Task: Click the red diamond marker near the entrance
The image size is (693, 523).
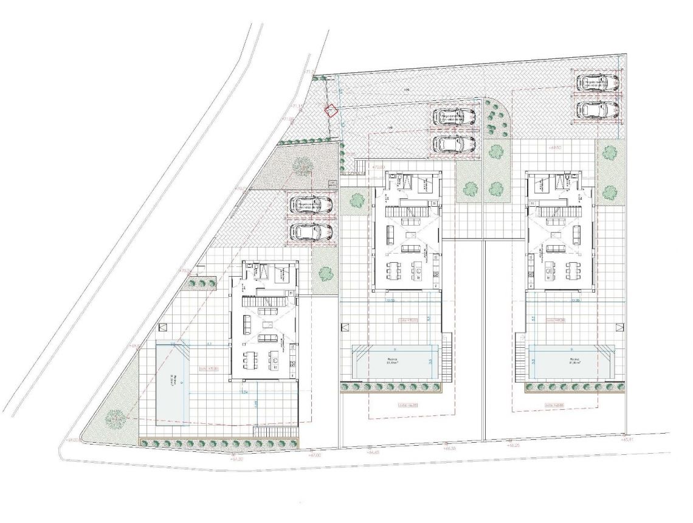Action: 331,111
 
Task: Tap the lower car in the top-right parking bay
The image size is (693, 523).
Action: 598,109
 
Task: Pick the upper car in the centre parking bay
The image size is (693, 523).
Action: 454,117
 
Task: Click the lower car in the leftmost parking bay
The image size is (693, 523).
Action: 311,232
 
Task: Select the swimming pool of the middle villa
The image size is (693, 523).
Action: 395,362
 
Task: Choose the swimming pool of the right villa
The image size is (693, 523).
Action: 571,362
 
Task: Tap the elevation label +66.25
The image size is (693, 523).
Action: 514,446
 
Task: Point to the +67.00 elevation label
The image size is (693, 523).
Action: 314,455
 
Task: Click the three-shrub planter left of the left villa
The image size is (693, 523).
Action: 200,282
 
